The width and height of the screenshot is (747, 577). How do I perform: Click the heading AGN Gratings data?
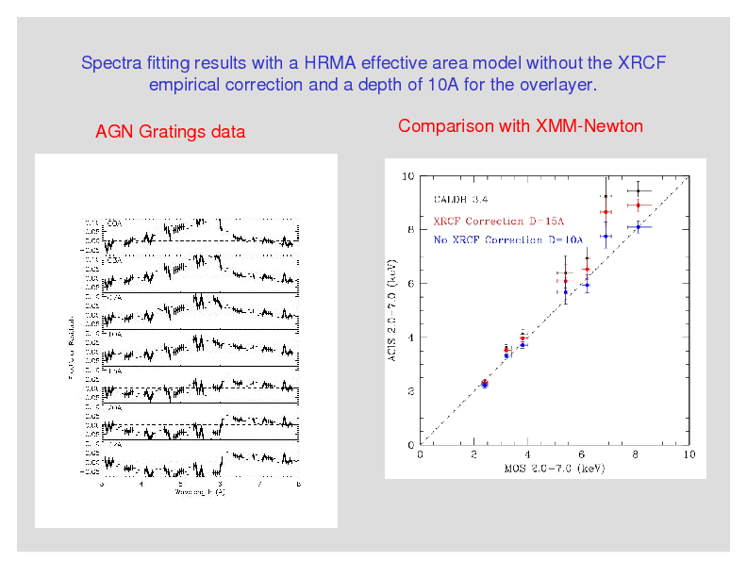(x=171, y=132)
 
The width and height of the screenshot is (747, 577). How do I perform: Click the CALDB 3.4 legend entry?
(x=460, y=199)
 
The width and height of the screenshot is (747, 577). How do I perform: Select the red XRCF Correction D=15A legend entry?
(x=498, y=221)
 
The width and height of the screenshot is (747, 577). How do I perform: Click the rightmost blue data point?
(x=639, y=227)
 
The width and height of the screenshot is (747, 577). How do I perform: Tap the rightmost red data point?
(x=639, y=206)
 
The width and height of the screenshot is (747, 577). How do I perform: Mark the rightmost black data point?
(x=639, y=191)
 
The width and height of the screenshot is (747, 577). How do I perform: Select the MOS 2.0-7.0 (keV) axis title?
(x=555, y=468)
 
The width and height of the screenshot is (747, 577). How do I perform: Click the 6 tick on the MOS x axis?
(x=582, y=454)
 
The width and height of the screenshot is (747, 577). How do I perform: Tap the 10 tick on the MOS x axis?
(x=689, y=454)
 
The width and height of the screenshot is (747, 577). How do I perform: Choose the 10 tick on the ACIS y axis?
(x=407, y=175)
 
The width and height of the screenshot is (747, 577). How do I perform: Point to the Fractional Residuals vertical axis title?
(x=71, y=348)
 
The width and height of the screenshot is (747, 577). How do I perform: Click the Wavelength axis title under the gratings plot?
(x=199, y=492)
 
